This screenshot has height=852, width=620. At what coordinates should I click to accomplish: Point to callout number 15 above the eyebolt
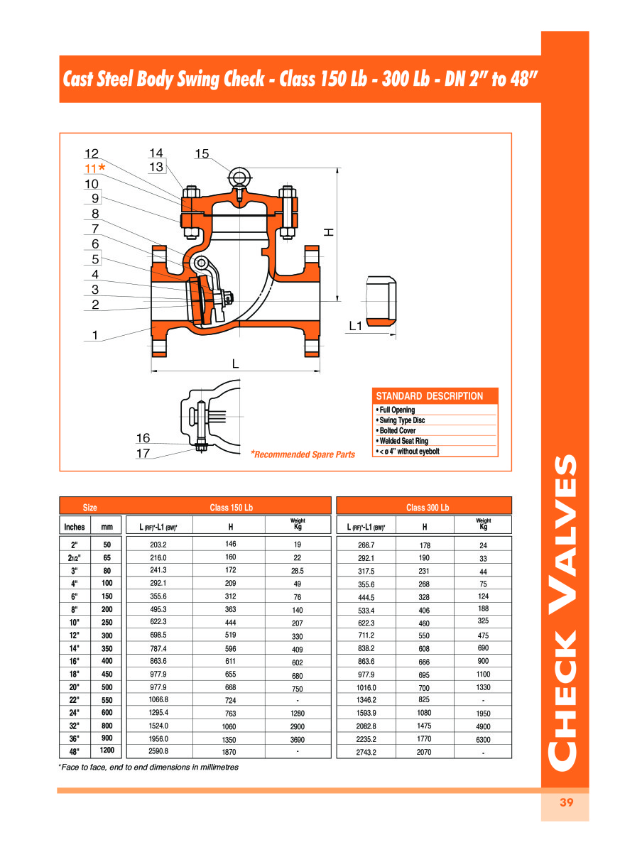point(202,153)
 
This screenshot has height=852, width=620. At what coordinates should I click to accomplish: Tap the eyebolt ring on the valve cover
point(239,175)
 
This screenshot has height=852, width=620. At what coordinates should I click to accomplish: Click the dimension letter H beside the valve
point(328,232)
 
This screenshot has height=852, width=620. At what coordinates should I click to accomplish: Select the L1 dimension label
point(356,326)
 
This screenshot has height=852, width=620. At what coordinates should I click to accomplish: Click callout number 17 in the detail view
point(143,453)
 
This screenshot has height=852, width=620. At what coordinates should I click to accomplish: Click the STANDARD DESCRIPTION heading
point(429,396)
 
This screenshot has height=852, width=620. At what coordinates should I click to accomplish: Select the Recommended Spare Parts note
point(303,454)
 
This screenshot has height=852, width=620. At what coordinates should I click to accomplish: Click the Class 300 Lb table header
point(428,508)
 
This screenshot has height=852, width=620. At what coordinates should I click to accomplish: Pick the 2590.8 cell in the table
point(158,750)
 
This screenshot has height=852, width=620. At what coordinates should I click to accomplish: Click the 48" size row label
point(75,750)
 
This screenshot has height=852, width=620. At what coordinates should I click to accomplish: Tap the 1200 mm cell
point(107,750)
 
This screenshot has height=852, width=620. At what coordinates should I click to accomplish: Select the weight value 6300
point(483,739)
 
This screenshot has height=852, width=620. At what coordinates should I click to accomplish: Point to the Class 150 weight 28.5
point(298,571)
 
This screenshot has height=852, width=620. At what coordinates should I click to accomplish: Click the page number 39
point(566,803)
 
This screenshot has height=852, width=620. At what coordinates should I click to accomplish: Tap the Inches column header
point(75,527)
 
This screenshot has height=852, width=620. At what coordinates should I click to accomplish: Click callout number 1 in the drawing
point(94,336)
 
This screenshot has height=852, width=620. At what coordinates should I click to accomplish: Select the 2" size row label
point(75,545)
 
